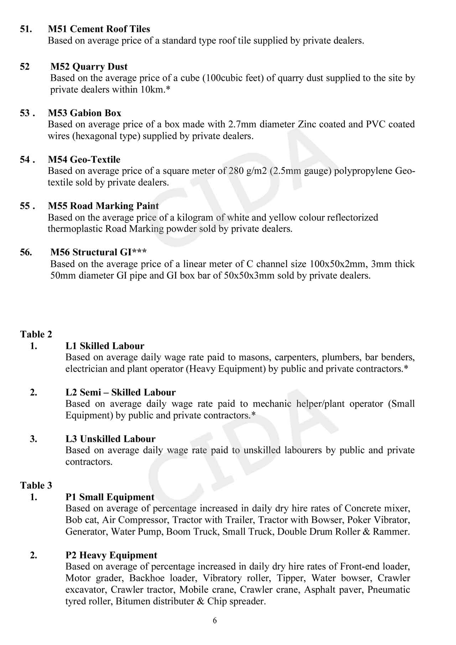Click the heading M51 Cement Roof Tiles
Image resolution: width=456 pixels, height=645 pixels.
coord(99,29)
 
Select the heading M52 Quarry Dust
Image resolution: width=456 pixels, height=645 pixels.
coord(89,67)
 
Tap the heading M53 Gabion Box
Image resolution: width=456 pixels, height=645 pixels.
coord(85,113)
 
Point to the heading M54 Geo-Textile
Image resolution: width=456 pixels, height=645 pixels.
coord(84,159)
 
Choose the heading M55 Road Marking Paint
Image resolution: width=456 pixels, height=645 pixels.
coord(104,206)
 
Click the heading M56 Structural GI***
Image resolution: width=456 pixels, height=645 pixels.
coord(99,252)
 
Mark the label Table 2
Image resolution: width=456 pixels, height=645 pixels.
coord(36,334)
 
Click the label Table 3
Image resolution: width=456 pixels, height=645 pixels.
coord(36,485)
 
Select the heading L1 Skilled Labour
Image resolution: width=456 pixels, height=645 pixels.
coord(105,346)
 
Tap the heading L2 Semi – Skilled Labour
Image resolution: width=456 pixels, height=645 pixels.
coord(121,392)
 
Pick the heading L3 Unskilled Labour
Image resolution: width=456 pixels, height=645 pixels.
coord(111,439)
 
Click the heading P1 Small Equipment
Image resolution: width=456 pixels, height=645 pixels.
coord(110,497)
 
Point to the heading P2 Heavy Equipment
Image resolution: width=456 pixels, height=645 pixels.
coord(112,555)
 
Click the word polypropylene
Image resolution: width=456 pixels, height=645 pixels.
coord(363,171)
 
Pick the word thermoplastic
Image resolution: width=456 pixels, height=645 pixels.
coord(75,229)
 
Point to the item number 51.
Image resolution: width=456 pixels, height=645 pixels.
coord(26,29)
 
